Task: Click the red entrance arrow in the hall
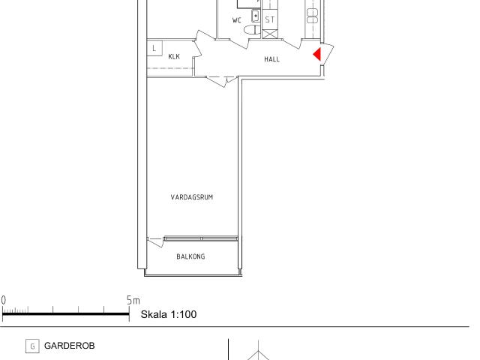[317, 54]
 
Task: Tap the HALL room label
[271, 59]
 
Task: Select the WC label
[237, 20]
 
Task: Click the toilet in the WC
[252, 30]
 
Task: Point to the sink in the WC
[256, 16]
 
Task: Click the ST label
[270, 20]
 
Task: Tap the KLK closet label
[174, 56]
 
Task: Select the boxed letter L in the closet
[154, 48]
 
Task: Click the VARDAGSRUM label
[192, 197]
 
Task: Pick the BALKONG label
[190, 256]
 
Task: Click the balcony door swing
[155, 242]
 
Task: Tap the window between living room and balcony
[201, 238]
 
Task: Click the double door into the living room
[222, 81]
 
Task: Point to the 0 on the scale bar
[3, 300]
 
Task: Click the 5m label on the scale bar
[133, 300]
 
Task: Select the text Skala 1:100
[169, 314]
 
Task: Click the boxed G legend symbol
[32, 346]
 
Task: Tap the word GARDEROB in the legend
[70, 346]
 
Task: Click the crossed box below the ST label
[270, 34]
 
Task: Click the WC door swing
[238, 43]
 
